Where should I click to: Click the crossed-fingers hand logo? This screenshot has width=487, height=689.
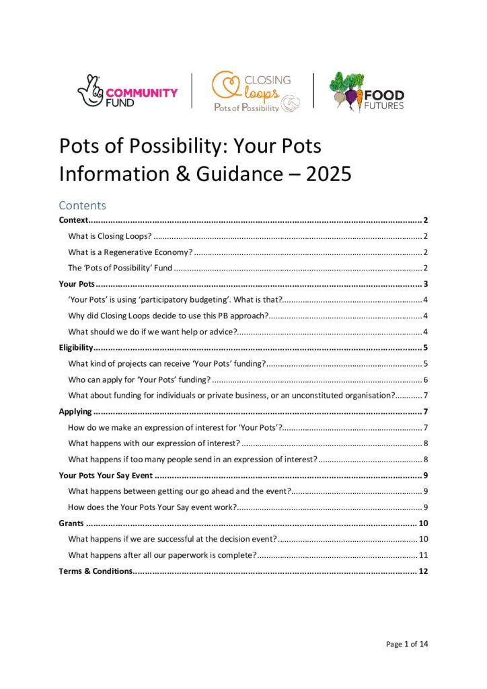click(x=93, y=91)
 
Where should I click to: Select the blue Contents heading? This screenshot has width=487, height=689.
click(x=83, y=205)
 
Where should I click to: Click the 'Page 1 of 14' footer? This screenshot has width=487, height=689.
click(x=406, y=644)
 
